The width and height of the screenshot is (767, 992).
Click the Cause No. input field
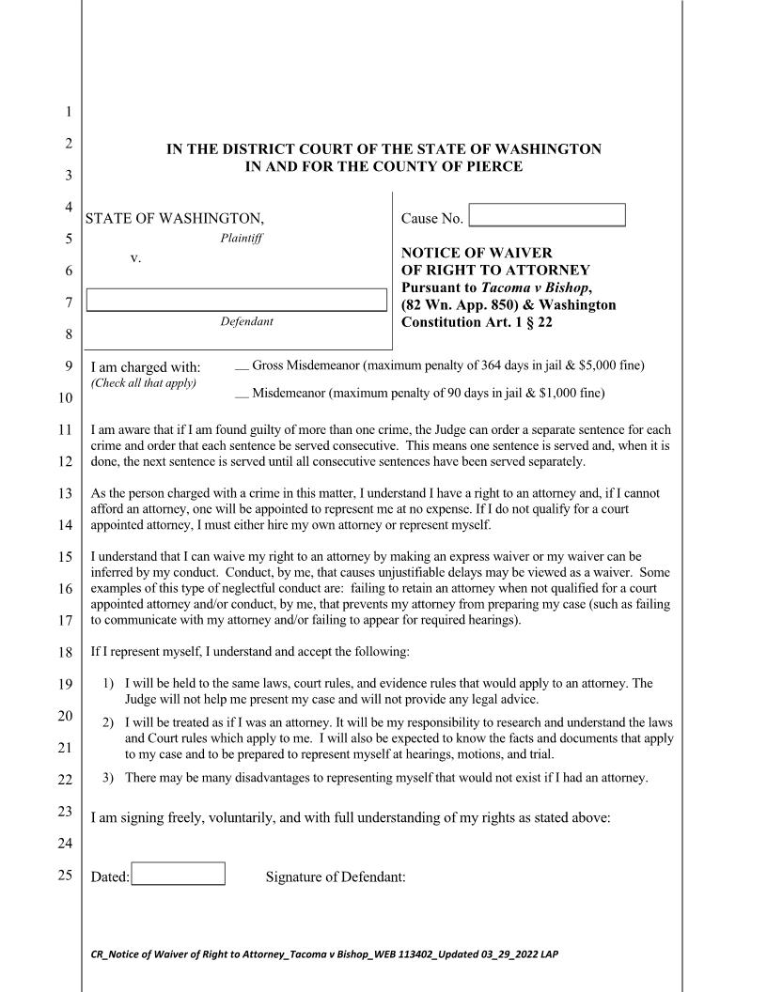coord(547,215)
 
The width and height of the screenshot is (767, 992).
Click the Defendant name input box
coord(236,300)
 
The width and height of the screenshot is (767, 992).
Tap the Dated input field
coord(178,874)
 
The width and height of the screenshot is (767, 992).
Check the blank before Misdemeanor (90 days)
coord(242,394)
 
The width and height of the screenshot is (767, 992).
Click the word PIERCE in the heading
coord(489,167)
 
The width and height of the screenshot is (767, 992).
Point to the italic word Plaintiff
coord(241,239)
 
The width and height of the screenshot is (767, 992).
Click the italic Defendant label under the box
coord(246,322)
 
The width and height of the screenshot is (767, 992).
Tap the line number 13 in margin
coord(65,493)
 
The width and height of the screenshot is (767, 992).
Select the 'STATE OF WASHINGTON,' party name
coord(175,219)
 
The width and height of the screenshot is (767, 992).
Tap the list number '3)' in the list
coord(107,778)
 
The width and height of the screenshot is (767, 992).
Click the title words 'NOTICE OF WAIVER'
coord(477,253)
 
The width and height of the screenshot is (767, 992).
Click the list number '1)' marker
coord(107,684)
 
